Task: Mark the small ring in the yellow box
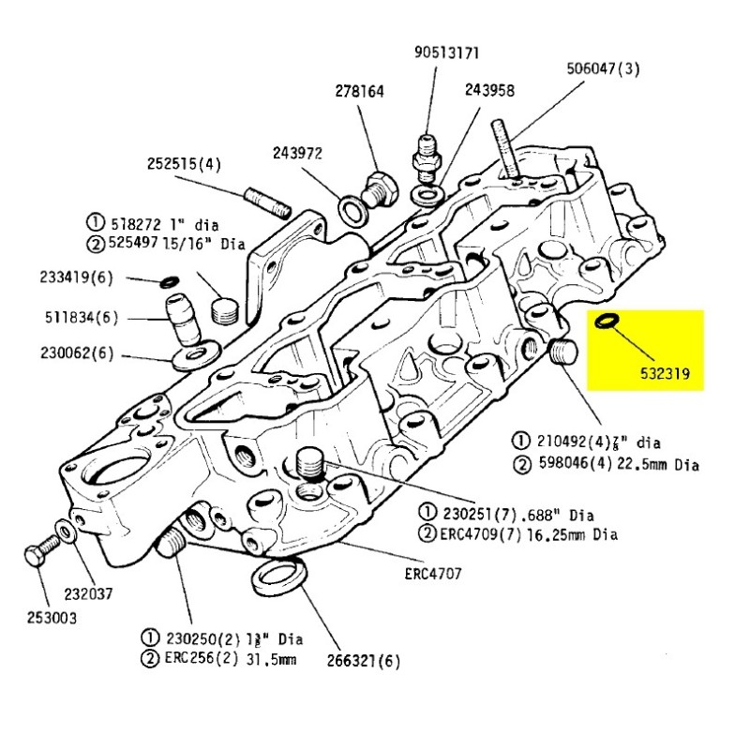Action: click(607, 322)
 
